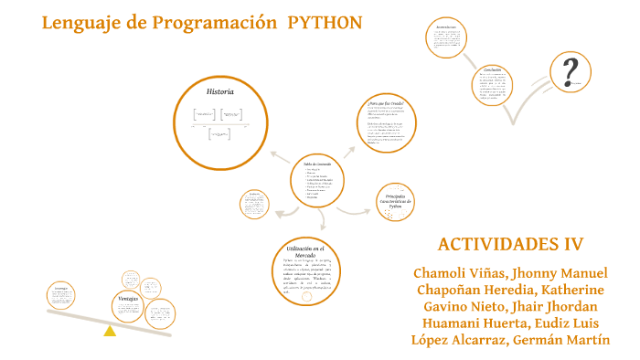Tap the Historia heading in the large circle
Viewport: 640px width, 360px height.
(x=219, y=92)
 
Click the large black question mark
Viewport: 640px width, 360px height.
(x=572, y=70)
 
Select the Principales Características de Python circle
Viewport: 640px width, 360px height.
(x=396, y=202)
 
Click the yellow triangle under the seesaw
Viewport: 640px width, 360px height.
(x=110, y=330)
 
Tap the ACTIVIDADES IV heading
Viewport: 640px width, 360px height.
(x=510, y=244)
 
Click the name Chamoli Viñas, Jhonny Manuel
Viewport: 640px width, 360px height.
(x=510, y=274)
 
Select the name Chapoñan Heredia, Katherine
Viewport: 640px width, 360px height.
(x=510, y=291)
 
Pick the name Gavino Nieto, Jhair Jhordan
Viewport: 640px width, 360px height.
(x=510, y=307)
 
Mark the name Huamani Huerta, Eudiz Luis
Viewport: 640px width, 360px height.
(x=510, y=323)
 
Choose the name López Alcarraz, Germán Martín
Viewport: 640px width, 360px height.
(x=510, y=340)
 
